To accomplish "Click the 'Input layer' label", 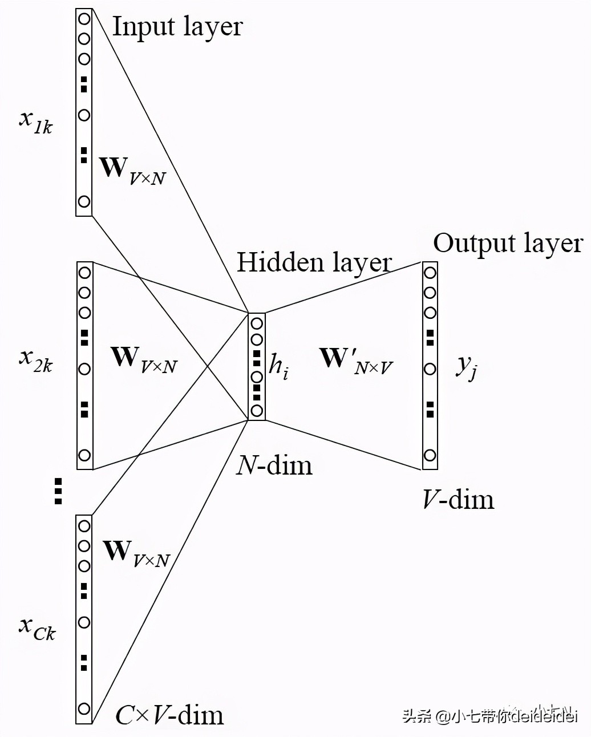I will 177,27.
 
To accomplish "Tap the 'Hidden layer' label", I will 314,263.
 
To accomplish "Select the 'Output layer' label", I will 508,244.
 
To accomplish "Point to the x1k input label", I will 35,120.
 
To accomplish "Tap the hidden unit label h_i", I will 278,365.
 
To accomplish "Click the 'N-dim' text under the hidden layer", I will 274,465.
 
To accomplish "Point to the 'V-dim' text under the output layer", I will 458,500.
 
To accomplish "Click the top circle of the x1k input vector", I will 84,18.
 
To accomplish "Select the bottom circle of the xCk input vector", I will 84,708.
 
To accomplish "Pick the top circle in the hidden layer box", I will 257,323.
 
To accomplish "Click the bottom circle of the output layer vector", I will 430,455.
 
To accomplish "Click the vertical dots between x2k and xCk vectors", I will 58,491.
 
